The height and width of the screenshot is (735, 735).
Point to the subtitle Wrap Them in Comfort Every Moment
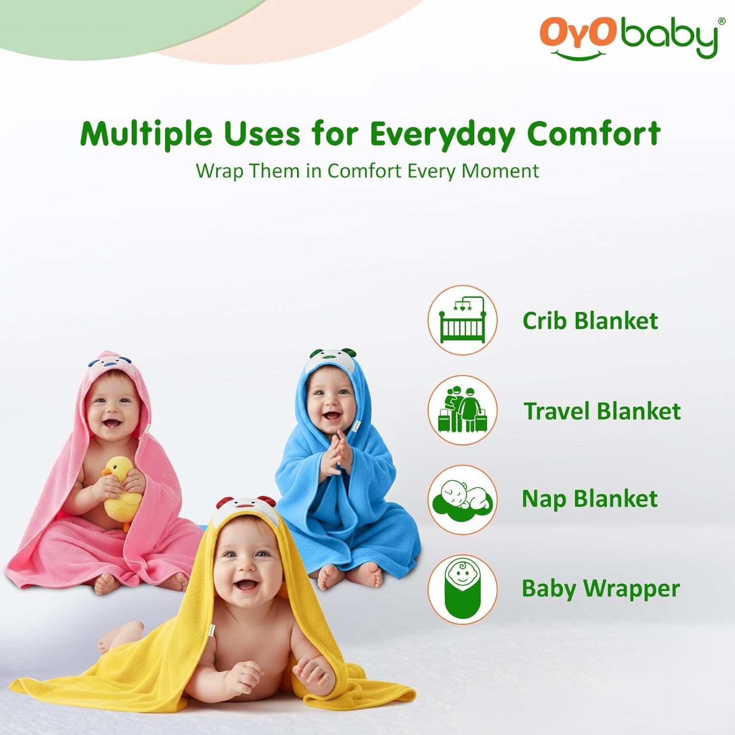367,171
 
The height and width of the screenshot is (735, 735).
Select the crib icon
463,320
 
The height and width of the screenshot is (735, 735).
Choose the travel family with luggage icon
463,410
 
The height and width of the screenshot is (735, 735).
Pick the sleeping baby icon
463,499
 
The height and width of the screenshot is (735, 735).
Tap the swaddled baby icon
463,588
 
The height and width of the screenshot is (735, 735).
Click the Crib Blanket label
590,321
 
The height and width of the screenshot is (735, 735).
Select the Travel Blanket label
602,411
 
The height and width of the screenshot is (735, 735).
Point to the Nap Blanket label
589,499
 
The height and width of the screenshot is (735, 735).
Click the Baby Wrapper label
601,589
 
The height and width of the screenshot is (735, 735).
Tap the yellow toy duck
121,490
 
